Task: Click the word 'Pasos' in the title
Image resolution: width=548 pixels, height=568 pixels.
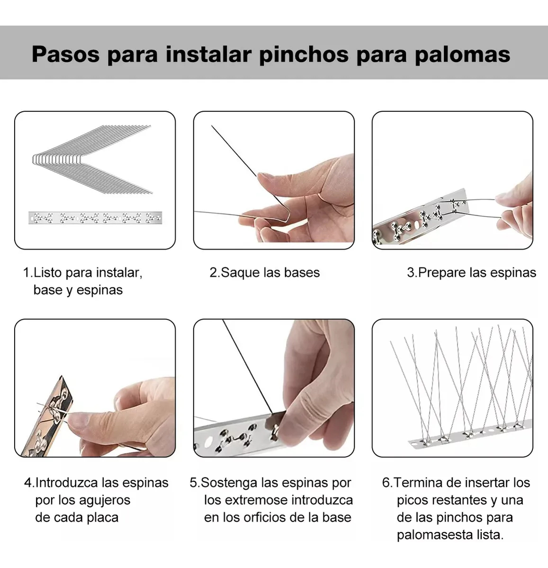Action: (65, 54)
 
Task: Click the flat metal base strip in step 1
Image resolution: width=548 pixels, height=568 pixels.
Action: (95, 218)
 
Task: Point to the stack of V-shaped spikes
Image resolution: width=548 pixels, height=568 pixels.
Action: (92, 159)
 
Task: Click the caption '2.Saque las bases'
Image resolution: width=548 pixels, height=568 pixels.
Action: (264, 272)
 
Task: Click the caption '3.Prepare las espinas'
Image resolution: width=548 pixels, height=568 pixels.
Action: (471, 272)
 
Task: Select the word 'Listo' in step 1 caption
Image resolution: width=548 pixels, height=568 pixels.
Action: (47, 272)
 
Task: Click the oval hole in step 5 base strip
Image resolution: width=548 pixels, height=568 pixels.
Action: (208, 442)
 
